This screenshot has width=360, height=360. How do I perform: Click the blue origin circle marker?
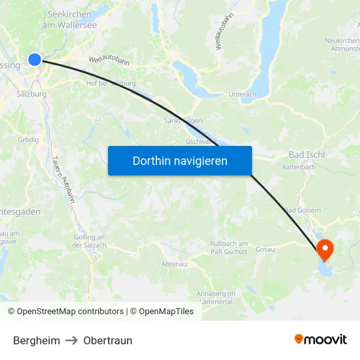pyautogui.click(x=35, y=60)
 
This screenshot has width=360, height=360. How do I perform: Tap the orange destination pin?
pyautogui.click(x=325, y=249)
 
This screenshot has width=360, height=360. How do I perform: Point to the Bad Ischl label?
pyautogui.click(x=306, y=154)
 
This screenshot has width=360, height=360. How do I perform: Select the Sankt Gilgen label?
pyautogui.click(x=183, y=120)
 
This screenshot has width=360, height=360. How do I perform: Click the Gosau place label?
pyautogui.click(x=264, y=249)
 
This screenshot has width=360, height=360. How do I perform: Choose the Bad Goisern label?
pyautogui.click(x=302, y=210)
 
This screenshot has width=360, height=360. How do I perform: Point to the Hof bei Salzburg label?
pyautogui.click(x=111, y=83)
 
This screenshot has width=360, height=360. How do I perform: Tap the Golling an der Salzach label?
pyautogui.click(x=89, y=241)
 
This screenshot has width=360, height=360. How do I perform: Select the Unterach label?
pyautogui.click(x=242, y=94)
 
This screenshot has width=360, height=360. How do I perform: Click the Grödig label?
pyautogui.click(x=28, y=139)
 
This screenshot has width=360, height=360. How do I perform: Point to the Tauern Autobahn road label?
pyautogui.click(x=63, y=178)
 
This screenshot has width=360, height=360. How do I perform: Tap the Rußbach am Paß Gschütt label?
pyautogui.click(x=228, y=247)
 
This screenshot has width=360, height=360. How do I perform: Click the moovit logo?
pyautogui.click(x=321, y=339)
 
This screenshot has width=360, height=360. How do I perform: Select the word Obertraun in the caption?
pyautogui.click(x=107, y=340)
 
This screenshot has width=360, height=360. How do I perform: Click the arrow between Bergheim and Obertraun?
pyautogui.click(x=71, y=340)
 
